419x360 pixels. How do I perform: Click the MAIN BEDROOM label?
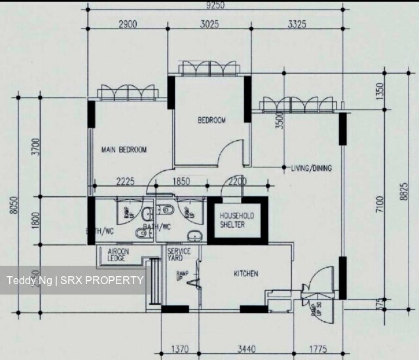[x=124, y=150]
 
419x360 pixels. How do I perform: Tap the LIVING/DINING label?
[x=311, y=168]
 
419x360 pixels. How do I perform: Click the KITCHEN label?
[x=246, y=274]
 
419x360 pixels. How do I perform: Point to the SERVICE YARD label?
[x=179, y=255]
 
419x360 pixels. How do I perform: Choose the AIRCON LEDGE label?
[x=118, y=255]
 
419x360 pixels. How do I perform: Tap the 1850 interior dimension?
[x=181, y=182]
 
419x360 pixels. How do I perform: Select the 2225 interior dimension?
[x=125, y=182]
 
